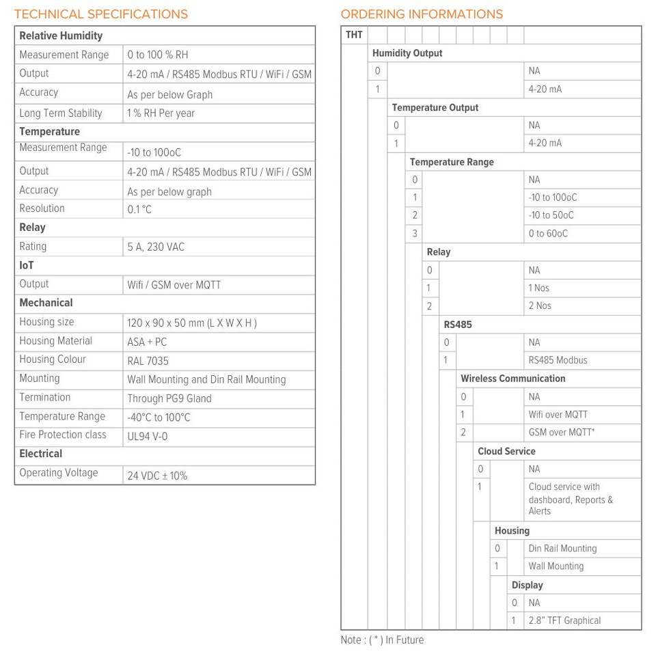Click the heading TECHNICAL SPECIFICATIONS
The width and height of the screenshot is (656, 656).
[x=101, y=14]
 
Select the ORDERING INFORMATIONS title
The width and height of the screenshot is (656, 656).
[x=422, y=14]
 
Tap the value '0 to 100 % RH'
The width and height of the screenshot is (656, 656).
[x=157, y=55]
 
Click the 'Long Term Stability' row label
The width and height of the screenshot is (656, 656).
[x=61, y=113]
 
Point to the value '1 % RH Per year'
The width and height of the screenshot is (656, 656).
[x=161, y=113]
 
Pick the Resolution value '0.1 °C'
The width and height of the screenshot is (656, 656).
[x=139, y=210]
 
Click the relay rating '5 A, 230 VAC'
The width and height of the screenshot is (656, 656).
[x=156, y=247]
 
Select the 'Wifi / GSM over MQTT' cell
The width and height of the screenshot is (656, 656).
[x=174, y=285]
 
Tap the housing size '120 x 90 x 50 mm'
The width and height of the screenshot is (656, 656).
[x=191, y=323]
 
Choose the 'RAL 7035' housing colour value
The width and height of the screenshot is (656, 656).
[x=148, y=361]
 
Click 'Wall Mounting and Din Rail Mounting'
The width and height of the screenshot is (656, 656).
[x=206, y=380]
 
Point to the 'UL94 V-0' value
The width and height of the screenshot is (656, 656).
[x=147, y=437]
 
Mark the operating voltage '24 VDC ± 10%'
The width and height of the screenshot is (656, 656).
[x=157, y=476]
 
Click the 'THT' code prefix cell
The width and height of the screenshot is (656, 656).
[x=354, y=35]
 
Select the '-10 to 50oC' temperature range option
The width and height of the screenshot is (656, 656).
[x=551, y=215]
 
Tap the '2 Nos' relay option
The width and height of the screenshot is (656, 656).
[x=539, y=306]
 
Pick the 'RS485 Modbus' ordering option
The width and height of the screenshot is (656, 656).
[x=558, y=360]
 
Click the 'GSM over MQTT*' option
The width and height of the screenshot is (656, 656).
[x=561, y=433]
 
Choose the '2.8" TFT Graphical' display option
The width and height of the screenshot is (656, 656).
[x=564, y=620]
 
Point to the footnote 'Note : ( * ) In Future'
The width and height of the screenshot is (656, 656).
[x=382, y=640]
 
